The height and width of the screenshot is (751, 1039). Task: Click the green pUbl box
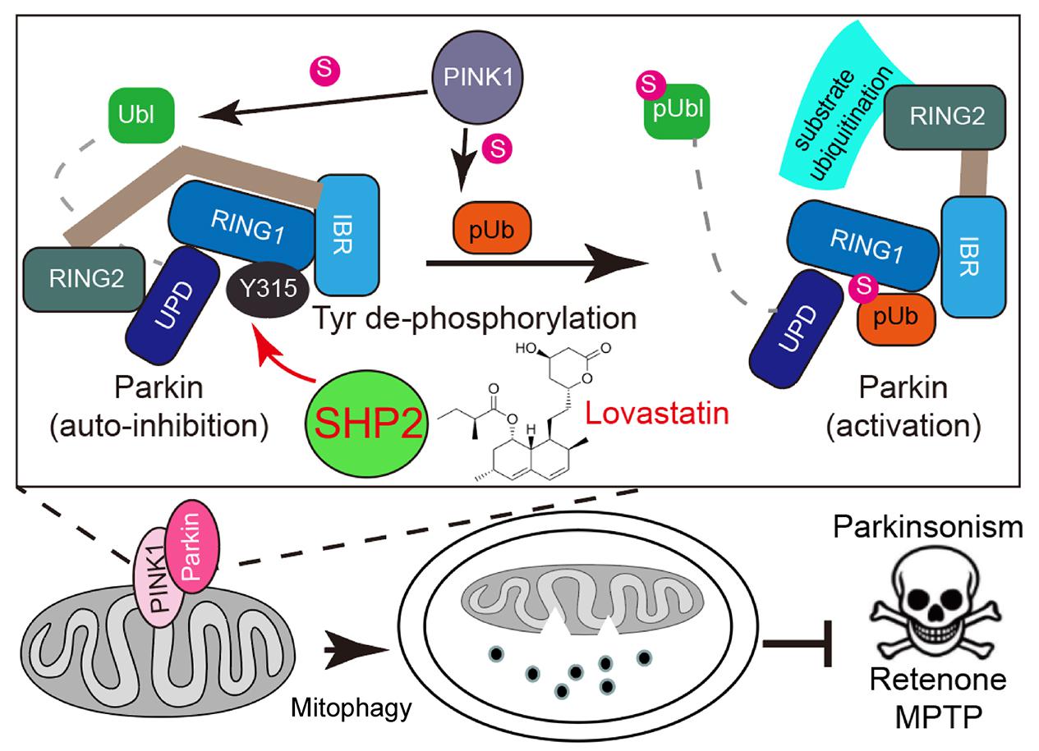click(x=675, y=110)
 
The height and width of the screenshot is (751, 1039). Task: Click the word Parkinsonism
click(x=928, y=528)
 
